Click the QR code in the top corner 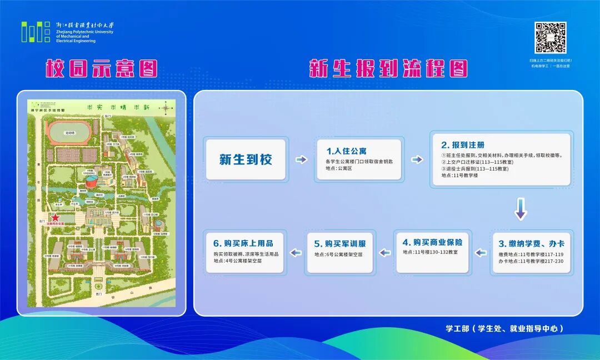tap(550, 38)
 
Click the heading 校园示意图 tap(101, 69)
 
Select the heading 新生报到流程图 tap(388, 69)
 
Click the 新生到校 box tap(246, 160)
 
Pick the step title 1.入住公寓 tap(346, 151)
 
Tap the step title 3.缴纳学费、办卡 tap(531, 243)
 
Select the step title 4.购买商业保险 tap(432, 242)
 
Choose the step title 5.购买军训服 tap(340, 243)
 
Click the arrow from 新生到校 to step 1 tap(301, 160)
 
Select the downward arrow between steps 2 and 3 tap(521, 208)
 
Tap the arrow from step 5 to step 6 tap(294, 253)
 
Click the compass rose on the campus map tap(166, 108)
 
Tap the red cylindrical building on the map tap(90, 181)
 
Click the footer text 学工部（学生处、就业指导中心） tap(504, 328)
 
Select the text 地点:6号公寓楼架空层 tap(338, 254)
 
